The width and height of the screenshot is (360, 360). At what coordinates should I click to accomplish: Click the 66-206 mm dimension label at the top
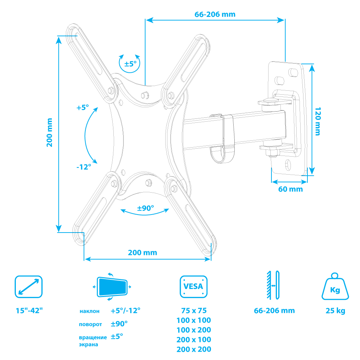tap(215, 14)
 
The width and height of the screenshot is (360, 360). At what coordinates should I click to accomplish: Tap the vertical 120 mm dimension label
tap(317, 121)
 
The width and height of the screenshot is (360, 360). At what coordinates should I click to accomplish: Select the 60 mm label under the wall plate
tap(290, 189)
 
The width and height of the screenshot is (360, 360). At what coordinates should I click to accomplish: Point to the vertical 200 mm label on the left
tap(50, 132)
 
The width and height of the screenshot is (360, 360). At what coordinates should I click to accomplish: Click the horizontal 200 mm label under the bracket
tap(143, 252)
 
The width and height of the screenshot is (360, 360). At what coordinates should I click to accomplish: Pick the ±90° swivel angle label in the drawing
tap(145, 208)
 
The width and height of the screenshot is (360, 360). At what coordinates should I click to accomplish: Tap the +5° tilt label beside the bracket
tap(82, 107)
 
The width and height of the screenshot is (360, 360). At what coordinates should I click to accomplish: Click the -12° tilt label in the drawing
tap(84, 167)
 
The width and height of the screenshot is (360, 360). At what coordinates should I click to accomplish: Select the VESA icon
tap(193, 287)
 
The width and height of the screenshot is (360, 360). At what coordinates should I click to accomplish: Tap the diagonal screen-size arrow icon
tap(28, 287)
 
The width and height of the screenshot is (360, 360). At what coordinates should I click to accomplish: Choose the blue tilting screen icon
tap(112, 287)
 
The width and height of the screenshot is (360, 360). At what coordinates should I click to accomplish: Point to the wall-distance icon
tap(272, 285)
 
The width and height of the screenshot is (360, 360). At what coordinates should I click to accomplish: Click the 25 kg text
tap(335, 311)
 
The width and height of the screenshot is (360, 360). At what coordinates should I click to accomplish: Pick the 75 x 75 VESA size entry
tap(194, 311)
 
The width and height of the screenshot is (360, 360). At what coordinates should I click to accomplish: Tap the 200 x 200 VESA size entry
tap(194, 349)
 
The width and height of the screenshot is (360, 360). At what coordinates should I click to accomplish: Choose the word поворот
tap(90, 324)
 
